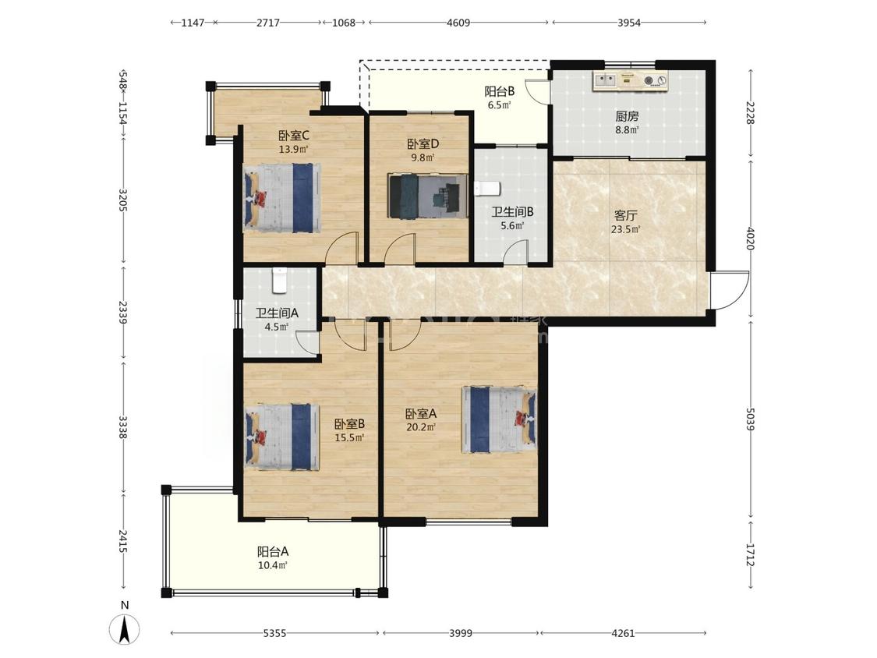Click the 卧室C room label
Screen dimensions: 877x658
(x=294, y=136)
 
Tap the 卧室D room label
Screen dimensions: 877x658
(x=423, y=143)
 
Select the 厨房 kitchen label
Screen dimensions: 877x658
(x=627, y=116)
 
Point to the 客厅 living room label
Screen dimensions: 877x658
(x=626, y=215)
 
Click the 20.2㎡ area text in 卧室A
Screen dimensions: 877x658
(x=421, y=427)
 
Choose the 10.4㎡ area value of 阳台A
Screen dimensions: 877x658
(x=273, y=565)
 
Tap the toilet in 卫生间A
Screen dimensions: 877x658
(x=280, y=281)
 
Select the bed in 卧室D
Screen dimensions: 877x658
(x=428, y=195)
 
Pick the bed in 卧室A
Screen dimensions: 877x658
(x=499, y=419)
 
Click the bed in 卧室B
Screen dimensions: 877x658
(x=282, y=437)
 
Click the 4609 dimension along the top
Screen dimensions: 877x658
(x=458, y=23)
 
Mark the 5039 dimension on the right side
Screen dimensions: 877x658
(x=750, y=419)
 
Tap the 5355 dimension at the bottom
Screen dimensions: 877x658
(x=274, y=633)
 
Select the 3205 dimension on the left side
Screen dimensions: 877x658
(x=123, y=200)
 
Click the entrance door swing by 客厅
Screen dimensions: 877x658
(x=730, y=290)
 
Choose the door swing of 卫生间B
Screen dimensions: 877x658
(x=516, y=252)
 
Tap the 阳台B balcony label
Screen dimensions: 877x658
(x=500, y=90)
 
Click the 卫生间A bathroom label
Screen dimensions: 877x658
(x=277, y=313)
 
